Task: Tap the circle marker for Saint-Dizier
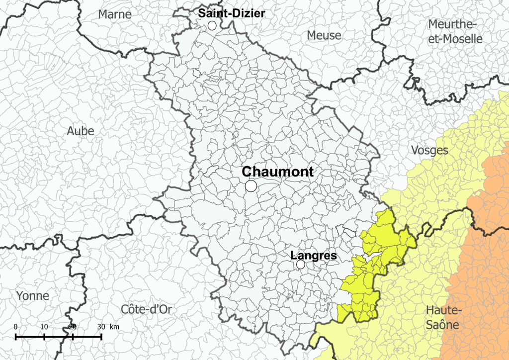point(212,25)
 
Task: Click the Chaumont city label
point(277,172)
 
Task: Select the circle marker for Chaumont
point(251,186)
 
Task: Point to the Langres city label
point(313,256)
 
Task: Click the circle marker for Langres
point(301,265)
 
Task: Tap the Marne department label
point(115,14)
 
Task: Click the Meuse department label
point(324,35)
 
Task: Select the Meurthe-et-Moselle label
point(455,31)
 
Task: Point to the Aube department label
point(81,131)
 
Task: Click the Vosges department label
point(429,150)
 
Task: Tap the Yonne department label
point(33,296)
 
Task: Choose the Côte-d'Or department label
point(146,309)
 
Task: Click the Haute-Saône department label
point(442,318)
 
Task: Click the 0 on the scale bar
point(16,327)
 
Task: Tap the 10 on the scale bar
point(44,327)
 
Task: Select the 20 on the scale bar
point(73,327)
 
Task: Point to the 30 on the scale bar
point(101,327)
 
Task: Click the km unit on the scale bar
point(114,327)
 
